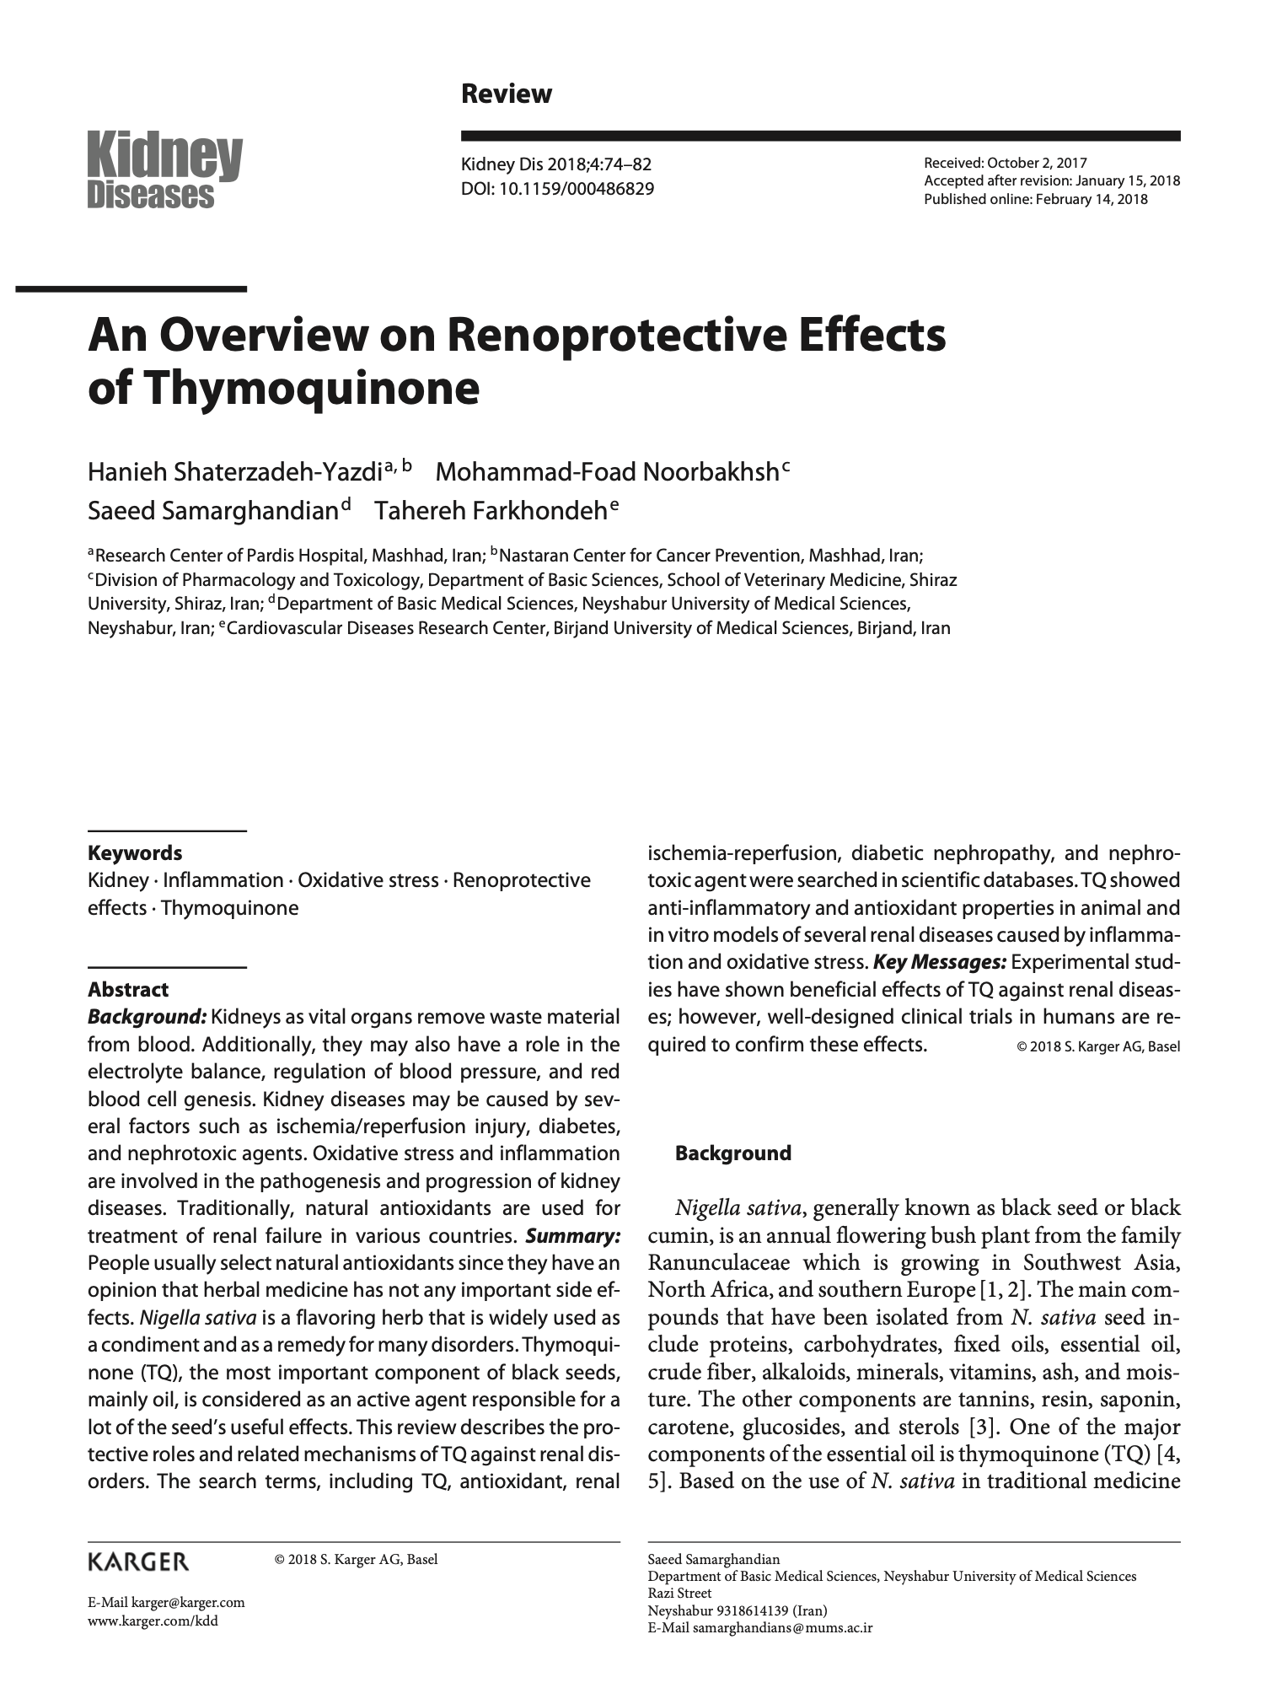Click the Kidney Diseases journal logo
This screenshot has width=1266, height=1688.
tap(165, 171)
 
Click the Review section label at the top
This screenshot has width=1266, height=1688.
tap(506, 94)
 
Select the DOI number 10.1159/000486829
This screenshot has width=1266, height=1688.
tap(577, 189)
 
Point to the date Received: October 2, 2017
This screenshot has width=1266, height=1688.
tap(1006, 164)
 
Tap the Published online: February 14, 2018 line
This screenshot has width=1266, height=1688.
tap(1035, 199)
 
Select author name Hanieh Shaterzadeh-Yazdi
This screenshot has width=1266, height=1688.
tap(235, 471)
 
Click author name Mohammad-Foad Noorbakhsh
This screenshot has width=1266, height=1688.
tap(606, 471)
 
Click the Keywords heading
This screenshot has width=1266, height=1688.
tap(135, 852)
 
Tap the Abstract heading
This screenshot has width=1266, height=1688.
tap(128, 989)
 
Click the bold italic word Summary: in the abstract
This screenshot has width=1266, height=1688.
tap(572, 1236)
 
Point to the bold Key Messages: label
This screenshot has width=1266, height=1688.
tap(940, 962)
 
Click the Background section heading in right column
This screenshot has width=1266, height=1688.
tap(732, 1153)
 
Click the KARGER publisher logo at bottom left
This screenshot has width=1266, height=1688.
tap(138, 1562)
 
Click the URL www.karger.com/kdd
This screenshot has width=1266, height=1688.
tap(153, 1621)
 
